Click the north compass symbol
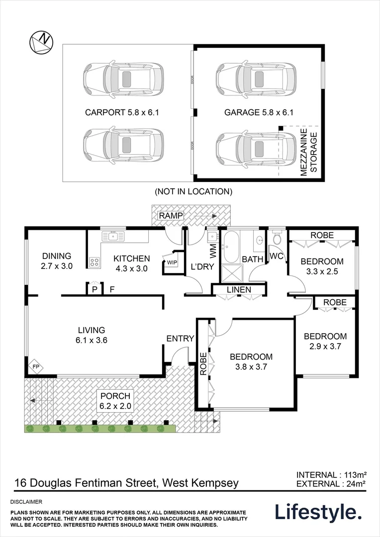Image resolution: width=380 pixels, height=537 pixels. point(41,41)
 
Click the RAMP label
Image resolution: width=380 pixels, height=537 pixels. point(171,215)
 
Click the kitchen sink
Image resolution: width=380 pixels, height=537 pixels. point(113,235)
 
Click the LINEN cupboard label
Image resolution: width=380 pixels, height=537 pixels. point(239,289)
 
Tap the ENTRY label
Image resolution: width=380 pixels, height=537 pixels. point(180,339)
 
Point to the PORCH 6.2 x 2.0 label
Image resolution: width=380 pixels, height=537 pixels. point(115,401)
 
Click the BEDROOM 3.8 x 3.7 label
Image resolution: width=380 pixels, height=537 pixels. point(251,361)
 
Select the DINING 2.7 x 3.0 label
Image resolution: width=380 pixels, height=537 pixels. point(57,261)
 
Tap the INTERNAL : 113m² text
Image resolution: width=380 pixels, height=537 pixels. point(331,474)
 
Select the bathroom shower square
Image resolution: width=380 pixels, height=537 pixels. point(230,272)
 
